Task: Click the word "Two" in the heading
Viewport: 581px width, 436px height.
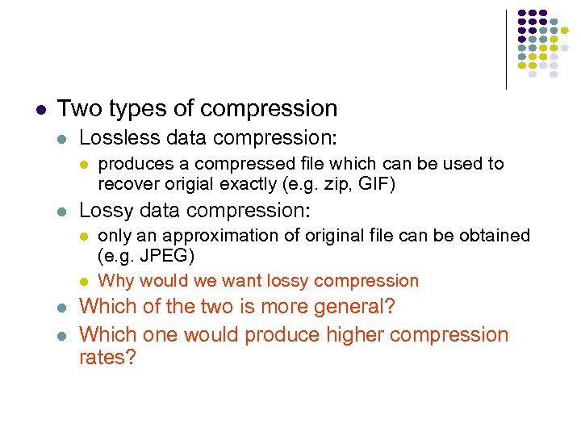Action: [78, 108]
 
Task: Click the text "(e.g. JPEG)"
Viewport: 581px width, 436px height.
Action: [146, 256]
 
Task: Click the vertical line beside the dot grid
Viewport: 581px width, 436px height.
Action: [506, 48]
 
